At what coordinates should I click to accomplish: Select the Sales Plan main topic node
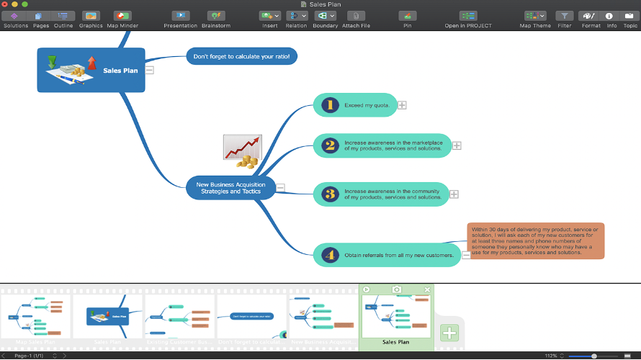point(91,70)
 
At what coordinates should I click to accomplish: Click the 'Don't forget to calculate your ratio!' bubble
point(241,56)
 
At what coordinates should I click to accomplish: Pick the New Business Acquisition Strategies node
point(230,188)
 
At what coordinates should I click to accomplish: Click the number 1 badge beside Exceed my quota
point(330,105)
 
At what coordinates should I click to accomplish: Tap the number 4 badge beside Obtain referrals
point(330,254)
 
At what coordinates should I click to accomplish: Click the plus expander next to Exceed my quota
point(403,105)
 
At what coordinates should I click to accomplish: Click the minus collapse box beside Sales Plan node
point(150,70)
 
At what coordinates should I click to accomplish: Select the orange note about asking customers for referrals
point(535,240)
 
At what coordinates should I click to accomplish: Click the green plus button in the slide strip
point(449,333)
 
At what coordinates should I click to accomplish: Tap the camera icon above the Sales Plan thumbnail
point(396,289)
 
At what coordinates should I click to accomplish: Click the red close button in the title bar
point(5,4)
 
